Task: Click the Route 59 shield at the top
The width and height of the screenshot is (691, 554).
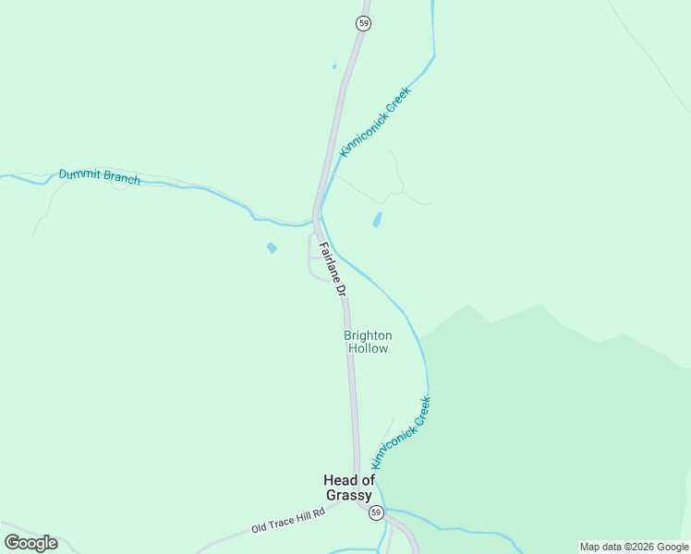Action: tap(364, 23)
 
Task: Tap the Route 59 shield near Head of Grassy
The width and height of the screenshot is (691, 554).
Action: tap(376, 512)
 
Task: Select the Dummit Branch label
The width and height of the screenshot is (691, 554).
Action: tap(100, 176)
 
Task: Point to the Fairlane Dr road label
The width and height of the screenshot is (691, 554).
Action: tap(333, 268)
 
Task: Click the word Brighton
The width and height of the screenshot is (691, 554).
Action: tap(368, 335)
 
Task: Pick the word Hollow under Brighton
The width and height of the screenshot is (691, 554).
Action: tap(368, 349)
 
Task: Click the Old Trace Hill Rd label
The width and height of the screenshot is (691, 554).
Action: tap(288, 521)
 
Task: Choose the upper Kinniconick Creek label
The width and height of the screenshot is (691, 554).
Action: tap(374, 121)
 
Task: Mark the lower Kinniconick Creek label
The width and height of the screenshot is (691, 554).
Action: tap(401, 432)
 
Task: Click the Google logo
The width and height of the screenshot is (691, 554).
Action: tap(30, 543)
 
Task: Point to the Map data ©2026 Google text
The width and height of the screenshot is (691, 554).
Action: tap(634, 547)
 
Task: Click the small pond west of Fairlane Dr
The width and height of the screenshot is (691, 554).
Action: tap(272, 248)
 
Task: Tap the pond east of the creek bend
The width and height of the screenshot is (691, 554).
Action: tap(377, 220)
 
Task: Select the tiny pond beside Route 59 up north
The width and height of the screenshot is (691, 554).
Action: tap(334, 66)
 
